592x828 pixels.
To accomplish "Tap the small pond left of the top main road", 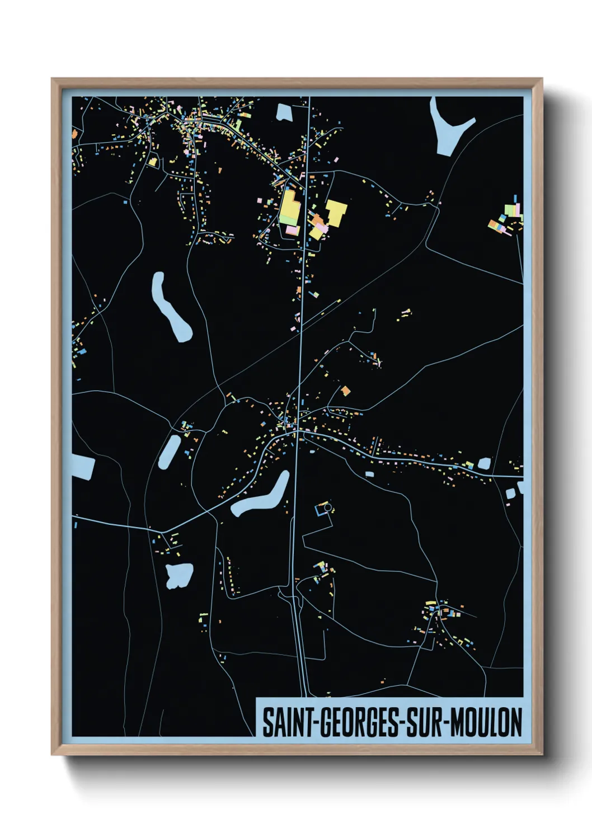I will (x=284, y=112).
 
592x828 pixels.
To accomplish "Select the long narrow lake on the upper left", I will (x=170, y=307).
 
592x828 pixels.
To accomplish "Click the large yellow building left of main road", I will (x=290, y=206).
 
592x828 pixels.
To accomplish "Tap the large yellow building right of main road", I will (x=336, y=213).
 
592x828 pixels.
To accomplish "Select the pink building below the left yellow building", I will (x=292, y=230).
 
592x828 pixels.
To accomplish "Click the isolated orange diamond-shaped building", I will (x=346, y=391).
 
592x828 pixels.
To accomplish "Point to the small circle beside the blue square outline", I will (x=328, y=507).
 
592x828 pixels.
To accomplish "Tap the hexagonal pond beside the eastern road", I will (x=484, y=463).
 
